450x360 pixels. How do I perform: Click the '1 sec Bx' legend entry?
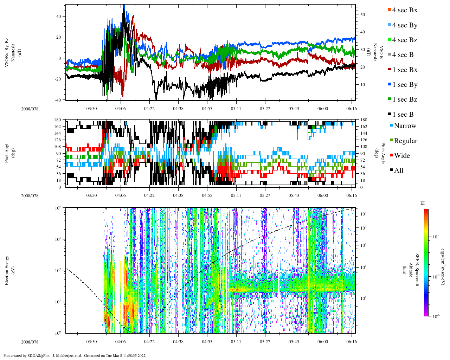(404, 70)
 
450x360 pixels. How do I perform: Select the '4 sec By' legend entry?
(404, 25)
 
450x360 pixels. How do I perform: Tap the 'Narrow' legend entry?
(405, 126)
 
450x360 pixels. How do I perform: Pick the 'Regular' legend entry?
(405, 141)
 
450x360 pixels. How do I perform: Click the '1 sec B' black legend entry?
(403, 115)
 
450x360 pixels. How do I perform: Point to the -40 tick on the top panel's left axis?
(58, 100)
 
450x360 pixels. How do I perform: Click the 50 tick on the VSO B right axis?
(362, 15)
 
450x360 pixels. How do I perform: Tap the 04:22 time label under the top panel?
(149, 109)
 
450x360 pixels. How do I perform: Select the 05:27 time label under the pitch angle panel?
(265, 195)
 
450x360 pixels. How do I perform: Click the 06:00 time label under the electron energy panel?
(323, 342)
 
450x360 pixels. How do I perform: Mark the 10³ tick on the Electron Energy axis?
(58, 239)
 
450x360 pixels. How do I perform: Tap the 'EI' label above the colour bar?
(423, 203)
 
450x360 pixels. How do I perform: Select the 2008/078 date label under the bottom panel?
(30, 342)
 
